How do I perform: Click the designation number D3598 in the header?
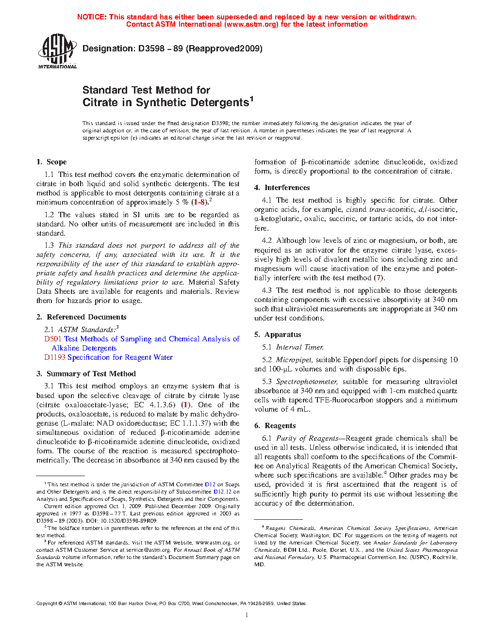[151, 48]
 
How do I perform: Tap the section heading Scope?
[56, 162]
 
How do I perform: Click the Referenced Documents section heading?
[86, 317]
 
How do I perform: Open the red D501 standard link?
[52, 339]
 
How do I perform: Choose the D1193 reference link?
[55, 357]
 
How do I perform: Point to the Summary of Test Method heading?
[91, 374]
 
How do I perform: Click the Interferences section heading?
[287, 188]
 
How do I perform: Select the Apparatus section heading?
[282, 335]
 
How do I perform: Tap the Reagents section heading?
[280, 426]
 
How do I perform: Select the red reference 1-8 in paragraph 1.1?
[198, 202]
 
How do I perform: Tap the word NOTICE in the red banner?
[92, 17]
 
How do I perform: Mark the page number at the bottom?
[247, 615]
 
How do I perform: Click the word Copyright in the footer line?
[47, 604]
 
